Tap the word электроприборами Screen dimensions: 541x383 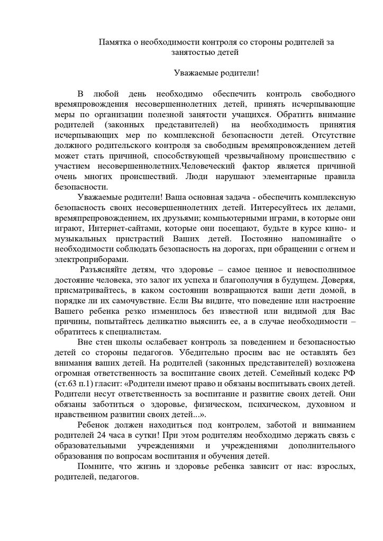[91, 259]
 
